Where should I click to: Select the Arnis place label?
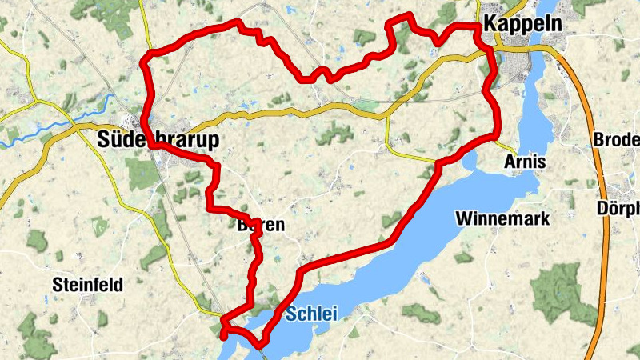(525, 162)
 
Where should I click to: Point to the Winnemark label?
(502, 218)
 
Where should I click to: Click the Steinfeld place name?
(87, 284)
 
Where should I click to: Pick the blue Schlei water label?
(311, 314)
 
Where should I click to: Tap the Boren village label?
(261, 226)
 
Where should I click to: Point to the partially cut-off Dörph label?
(618, 209)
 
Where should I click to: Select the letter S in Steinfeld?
(57, 284)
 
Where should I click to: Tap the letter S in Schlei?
(290, 314)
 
